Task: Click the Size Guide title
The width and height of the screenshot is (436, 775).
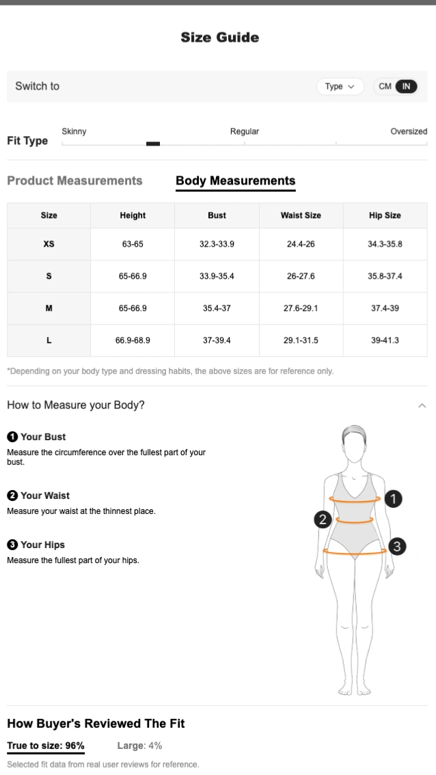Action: [x=219, y=38]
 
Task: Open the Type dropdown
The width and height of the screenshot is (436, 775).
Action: [x=340, y=87]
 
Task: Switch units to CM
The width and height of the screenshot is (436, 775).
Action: [x=385, y=87]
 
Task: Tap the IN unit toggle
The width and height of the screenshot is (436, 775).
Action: [x=407, y=87]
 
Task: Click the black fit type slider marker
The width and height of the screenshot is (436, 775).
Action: [x=153, y=144]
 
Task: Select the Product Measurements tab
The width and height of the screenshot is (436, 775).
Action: [x=74, y=181]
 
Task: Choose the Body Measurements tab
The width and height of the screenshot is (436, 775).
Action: [x=236, y=181]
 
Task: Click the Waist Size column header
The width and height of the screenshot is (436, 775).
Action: [x=301, y=215]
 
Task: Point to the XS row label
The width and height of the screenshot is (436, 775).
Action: [x=49, y=244]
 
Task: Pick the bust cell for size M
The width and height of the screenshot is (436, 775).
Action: [x=217, y=308]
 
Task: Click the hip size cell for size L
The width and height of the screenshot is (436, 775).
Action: [x=385, y=340]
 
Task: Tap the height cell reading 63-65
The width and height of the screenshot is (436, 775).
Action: [x=133, y=244]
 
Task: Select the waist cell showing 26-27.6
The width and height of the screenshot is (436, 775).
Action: [x=301, y=276]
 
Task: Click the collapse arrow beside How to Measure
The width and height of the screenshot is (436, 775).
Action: [x=422, y=406]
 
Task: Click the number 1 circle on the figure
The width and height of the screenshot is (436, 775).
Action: [x=394, y=499]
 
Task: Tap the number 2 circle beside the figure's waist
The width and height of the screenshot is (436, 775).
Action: [x=323, y=519]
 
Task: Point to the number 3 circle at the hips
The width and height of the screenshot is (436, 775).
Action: [x=398, y=547]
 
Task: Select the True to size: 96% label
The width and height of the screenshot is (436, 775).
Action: [x=46, y=746]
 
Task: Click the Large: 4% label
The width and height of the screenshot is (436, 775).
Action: [x=140, y=746]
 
